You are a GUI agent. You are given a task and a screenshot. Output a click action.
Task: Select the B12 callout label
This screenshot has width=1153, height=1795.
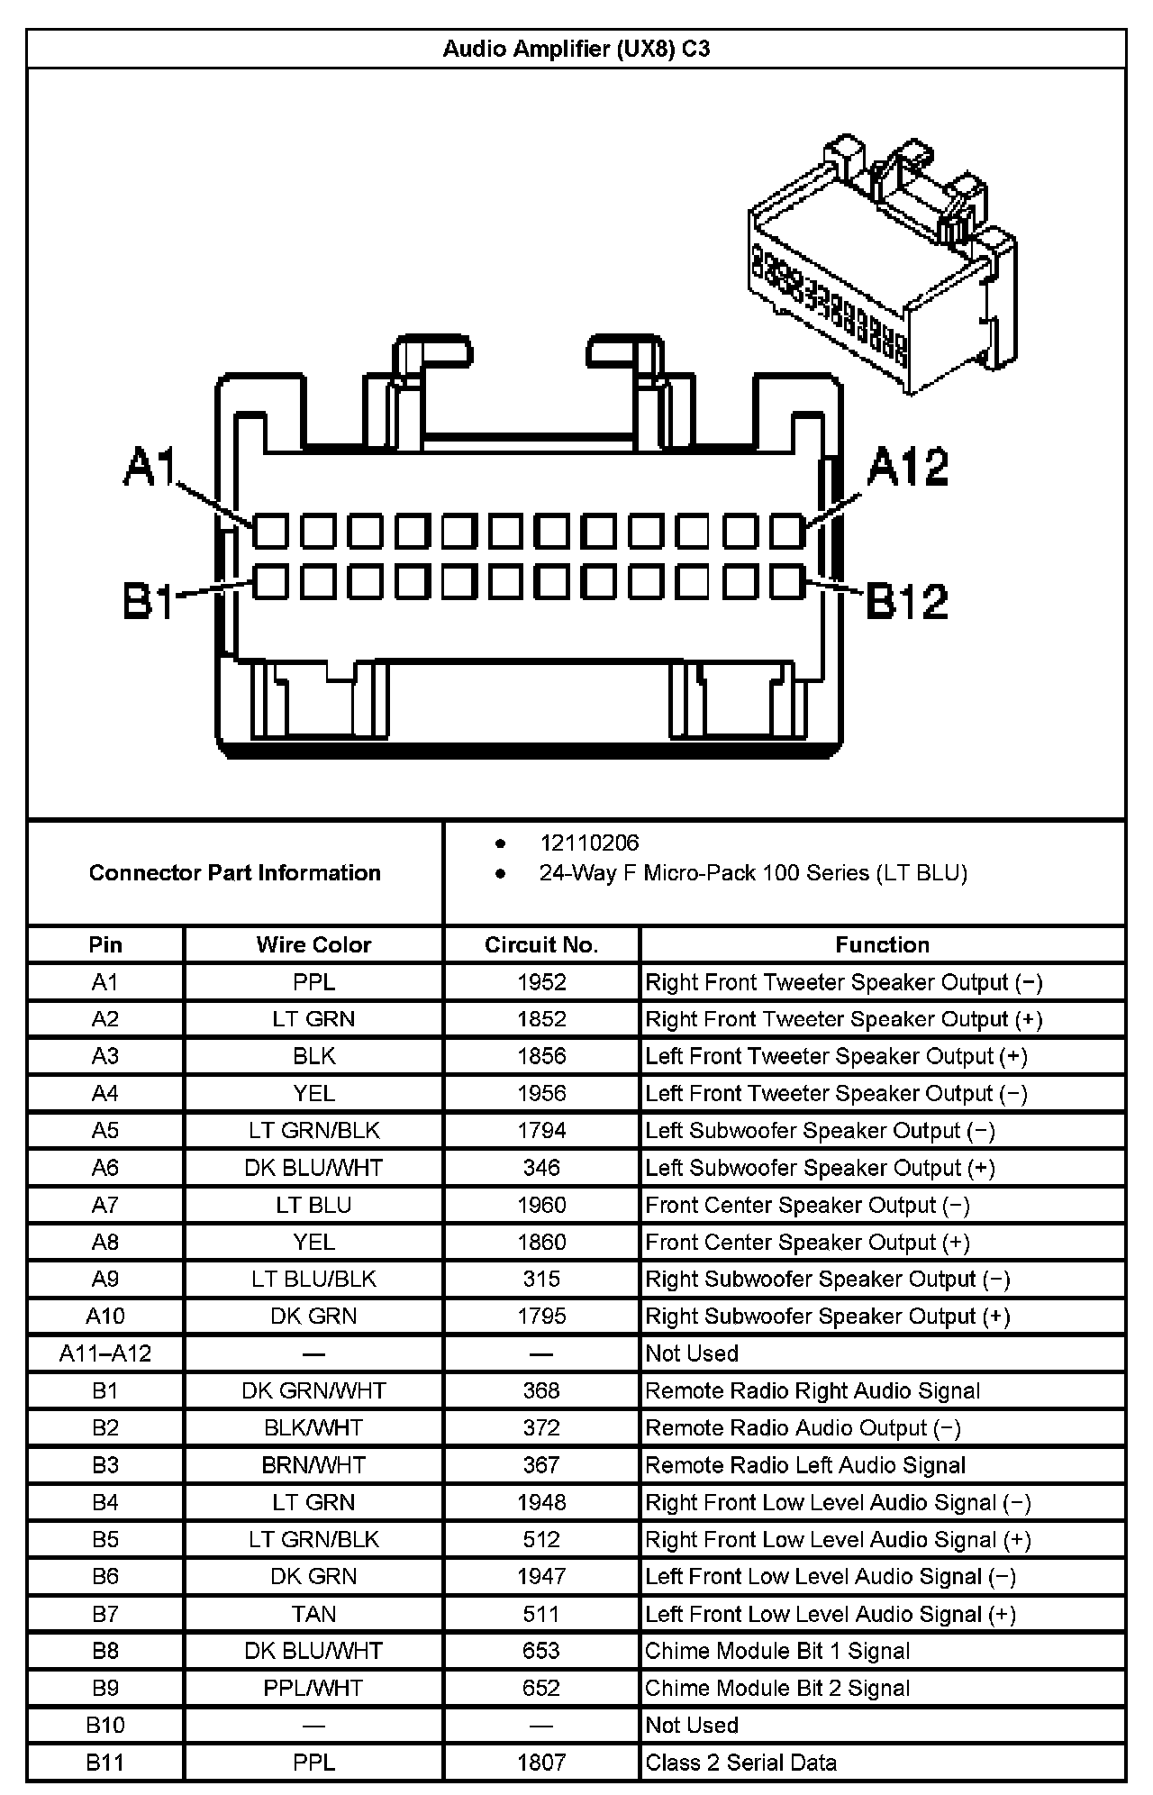pos(907,601)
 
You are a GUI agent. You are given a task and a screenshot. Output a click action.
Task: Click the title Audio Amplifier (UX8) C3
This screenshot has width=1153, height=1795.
pos(576,49)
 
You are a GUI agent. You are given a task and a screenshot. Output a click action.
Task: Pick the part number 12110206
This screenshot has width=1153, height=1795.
pos(589,843)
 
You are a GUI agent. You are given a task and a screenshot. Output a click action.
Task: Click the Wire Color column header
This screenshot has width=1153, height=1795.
pos(313,944)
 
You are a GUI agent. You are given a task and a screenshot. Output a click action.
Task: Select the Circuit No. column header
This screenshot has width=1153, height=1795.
pos(541,944)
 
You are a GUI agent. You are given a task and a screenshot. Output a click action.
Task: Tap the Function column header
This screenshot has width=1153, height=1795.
pos(882,944)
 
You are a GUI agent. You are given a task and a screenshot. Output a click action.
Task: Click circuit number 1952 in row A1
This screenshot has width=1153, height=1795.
pos(541,982)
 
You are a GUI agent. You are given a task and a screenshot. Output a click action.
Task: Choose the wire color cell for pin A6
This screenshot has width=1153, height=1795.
pos(313,1168)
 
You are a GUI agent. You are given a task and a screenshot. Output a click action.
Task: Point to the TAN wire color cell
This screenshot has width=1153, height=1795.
pos(313,1614)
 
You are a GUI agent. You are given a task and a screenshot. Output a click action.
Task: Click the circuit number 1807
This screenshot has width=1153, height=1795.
pos(541,1763)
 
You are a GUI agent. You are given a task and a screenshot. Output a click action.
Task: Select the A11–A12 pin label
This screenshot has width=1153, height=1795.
pos(105,1353)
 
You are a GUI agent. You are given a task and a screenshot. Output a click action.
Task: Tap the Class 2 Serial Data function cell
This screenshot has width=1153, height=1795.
pos(741,1763)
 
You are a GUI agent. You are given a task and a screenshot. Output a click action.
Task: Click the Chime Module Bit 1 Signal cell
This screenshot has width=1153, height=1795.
pos(777,1651)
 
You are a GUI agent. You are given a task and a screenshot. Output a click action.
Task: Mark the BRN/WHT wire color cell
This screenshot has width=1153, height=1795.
pos(313,1465)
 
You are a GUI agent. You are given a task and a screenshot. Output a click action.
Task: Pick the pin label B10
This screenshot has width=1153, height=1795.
pos(105,1725)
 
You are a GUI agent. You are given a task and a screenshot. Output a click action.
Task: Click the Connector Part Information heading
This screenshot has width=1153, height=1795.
pos(235,872)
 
